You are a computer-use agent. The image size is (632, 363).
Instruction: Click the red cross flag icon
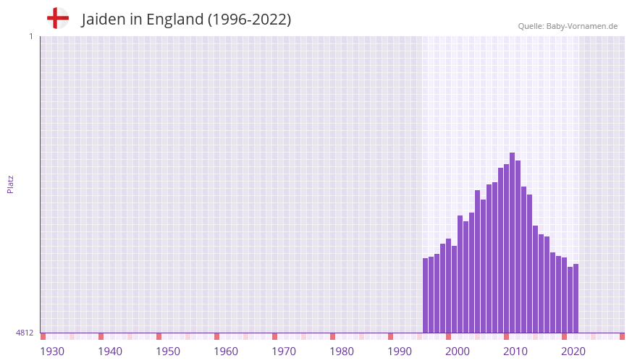click(58, 18)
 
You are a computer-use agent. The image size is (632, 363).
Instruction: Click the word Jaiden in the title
click(104, 20)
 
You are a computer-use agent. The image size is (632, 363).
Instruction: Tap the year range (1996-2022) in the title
click(249, 20)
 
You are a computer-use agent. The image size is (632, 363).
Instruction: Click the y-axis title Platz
click(10, 184)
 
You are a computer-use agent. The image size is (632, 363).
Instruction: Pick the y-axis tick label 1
click(30, 36)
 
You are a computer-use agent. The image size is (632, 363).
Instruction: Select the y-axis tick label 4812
click(25, 333)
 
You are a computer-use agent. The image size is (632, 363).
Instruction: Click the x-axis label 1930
click(52, 351)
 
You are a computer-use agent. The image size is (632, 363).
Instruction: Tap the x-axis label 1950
click(168, 351)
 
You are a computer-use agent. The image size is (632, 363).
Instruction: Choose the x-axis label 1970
click(284, 351)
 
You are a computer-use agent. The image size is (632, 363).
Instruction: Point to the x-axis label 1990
click(400, 351)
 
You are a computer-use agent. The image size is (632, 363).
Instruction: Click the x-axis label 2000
click(458, 351)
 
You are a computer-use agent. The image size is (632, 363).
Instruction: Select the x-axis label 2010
click(515, 351)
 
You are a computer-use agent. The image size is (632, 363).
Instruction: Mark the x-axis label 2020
click(573, 351)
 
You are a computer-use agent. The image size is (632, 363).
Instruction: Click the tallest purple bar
click(512, 242)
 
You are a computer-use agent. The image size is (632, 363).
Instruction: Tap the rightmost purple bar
click(576, 298)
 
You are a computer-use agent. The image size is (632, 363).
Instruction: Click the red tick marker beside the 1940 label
click(101, 336)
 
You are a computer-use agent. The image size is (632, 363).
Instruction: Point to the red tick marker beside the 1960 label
click(216, 336)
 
